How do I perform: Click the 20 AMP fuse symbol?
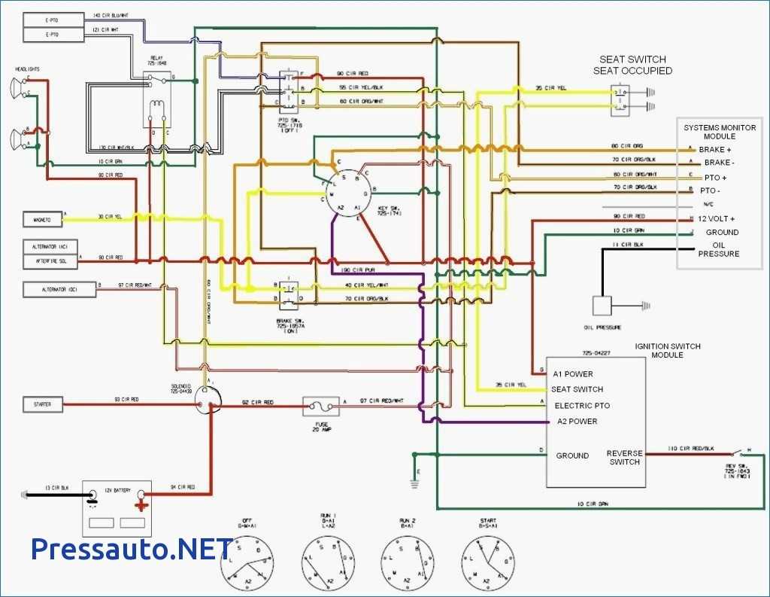click(321, 407)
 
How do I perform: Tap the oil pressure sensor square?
click(603, 306)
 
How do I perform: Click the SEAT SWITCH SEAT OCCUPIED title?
click(632, 65)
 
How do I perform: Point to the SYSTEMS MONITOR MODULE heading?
click(720, 132)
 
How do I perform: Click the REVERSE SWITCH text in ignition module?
click(625, 457)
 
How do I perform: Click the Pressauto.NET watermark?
click(132, 549)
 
